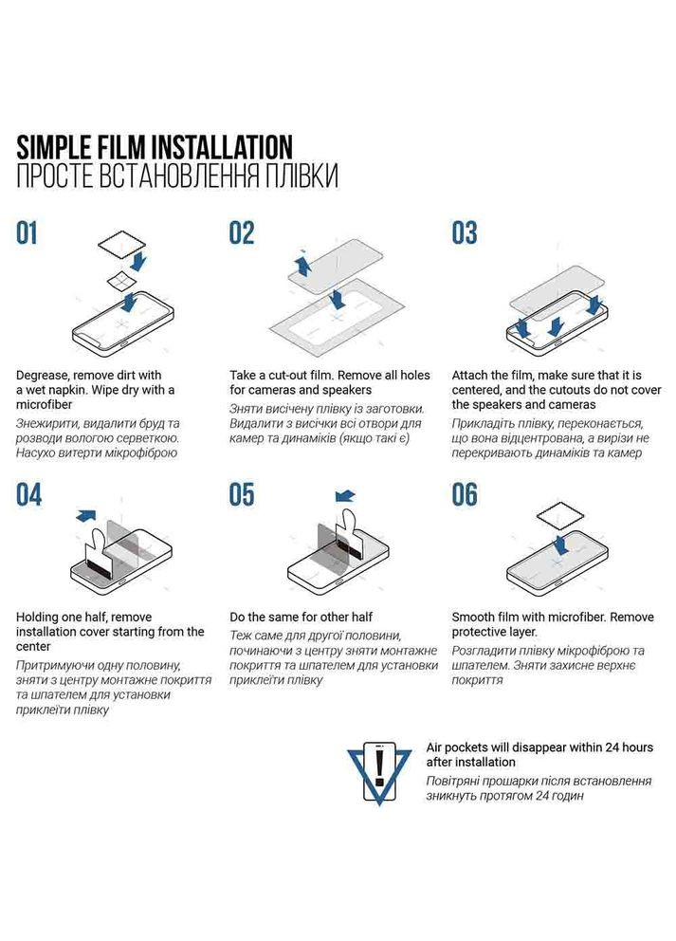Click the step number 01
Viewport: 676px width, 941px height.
27,233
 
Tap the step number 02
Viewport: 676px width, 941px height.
242,233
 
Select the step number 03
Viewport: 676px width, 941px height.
465,233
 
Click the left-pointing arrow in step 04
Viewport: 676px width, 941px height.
86,515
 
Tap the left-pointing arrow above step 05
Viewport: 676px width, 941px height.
345,496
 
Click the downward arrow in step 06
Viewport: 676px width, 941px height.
561,546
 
